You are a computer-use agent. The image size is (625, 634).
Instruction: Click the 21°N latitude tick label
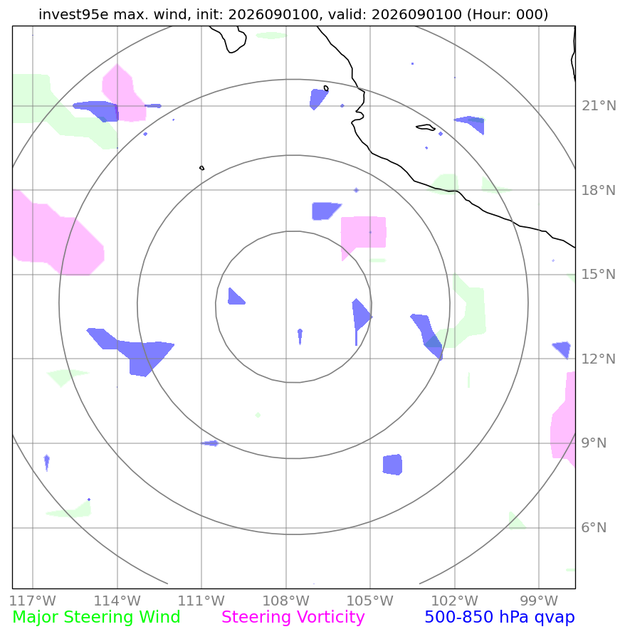coord(599,106)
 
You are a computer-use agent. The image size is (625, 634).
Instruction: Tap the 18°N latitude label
coord(599,190)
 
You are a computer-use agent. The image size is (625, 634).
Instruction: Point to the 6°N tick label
coord(594,528)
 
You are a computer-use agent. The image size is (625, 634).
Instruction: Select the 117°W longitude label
coord(33,601)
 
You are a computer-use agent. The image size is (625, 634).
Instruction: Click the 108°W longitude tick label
coord(286,601)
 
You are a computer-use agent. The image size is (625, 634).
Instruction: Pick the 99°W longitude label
coord(539,601)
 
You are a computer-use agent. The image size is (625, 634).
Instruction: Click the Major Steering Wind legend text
coord(96,617)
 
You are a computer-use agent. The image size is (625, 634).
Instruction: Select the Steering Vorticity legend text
coord(293,617)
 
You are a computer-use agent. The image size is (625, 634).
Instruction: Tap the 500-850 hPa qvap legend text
coord(500,617)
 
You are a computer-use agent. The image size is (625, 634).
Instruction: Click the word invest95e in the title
coord(73,14)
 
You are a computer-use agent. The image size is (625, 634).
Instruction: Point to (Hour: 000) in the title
coord(508,14)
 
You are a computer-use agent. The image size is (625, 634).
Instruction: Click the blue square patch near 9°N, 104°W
coord(392,465)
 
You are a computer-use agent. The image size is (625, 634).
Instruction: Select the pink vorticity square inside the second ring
coord(363,233)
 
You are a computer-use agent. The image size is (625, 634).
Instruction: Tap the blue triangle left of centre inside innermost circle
coord(235,297)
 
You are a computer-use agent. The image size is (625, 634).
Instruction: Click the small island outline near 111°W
coord(202,168)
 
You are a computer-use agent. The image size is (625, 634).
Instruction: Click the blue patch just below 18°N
coord(325,211)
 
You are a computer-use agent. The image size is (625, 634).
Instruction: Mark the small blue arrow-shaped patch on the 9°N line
coord(211,443)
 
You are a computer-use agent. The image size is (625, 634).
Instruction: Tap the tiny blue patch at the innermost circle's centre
coord(300,335)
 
